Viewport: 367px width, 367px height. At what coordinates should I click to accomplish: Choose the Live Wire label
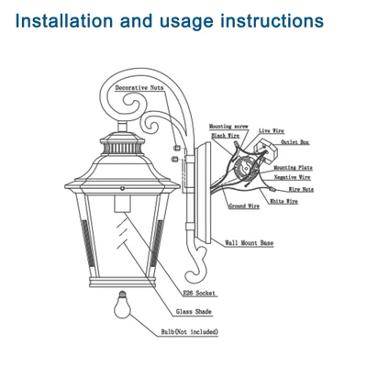point(272,132)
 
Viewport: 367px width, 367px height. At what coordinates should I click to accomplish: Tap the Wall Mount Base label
point(250,244)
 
